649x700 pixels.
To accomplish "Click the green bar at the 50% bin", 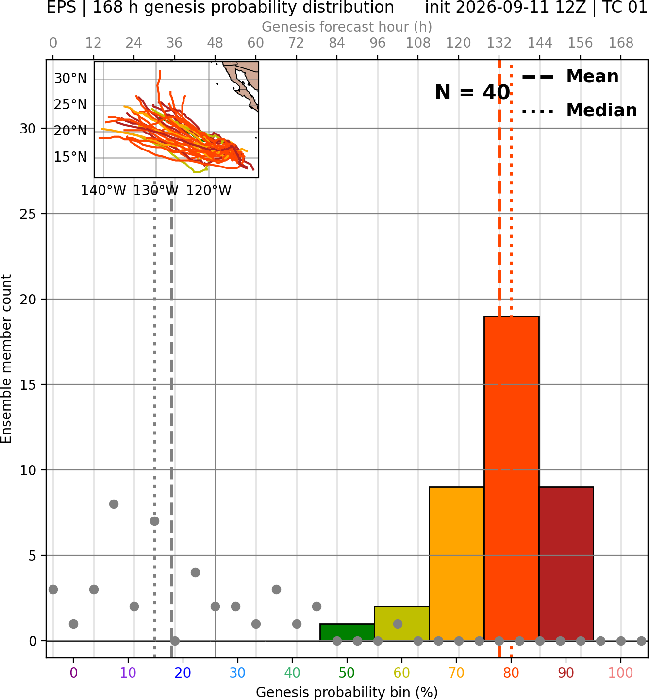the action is (347, 632).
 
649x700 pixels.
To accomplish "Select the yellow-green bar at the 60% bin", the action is (401, 623).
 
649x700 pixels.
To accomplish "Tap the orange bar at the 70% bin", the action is (456, 564).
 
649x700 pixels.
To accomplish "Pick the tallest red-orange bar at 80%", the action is (511, 478).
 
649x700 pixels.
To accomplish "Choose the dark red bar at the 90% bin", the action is (566, 564).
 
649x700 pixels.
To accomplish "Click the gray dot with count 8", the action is (114, 504).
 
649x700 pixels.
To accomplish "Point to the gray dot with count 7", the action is (154, 521).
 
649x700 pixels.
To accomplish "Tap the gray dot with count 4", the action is (195, 572).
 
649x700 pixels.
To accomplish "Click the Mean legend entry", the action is (570, 77).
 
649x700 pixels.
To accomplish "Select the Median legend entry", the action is (579, 110).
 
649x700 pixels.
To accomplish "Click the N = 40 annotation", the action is (472, 92).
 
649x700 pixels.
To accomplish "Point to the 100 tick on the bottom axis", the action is (620, 673).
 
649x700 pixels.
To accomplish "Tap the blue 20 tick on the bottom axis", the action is (183, 673).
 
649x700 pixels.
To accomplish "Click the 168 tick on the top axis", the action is (621, 43).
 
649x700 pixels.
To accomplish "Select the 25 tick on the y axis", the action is (28, 214).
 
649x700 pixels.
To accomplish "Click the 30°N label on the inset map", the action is (70, 78).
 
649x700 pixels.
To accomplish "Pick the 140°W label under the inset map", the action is (103, 191).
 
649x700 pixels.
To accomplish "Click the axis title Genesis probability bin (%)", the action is (347, 692).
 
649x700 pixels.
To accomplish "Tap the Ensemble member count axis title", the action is (6, 359).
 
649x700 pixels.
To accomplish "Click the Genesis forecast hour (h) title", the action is (347, 27).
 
